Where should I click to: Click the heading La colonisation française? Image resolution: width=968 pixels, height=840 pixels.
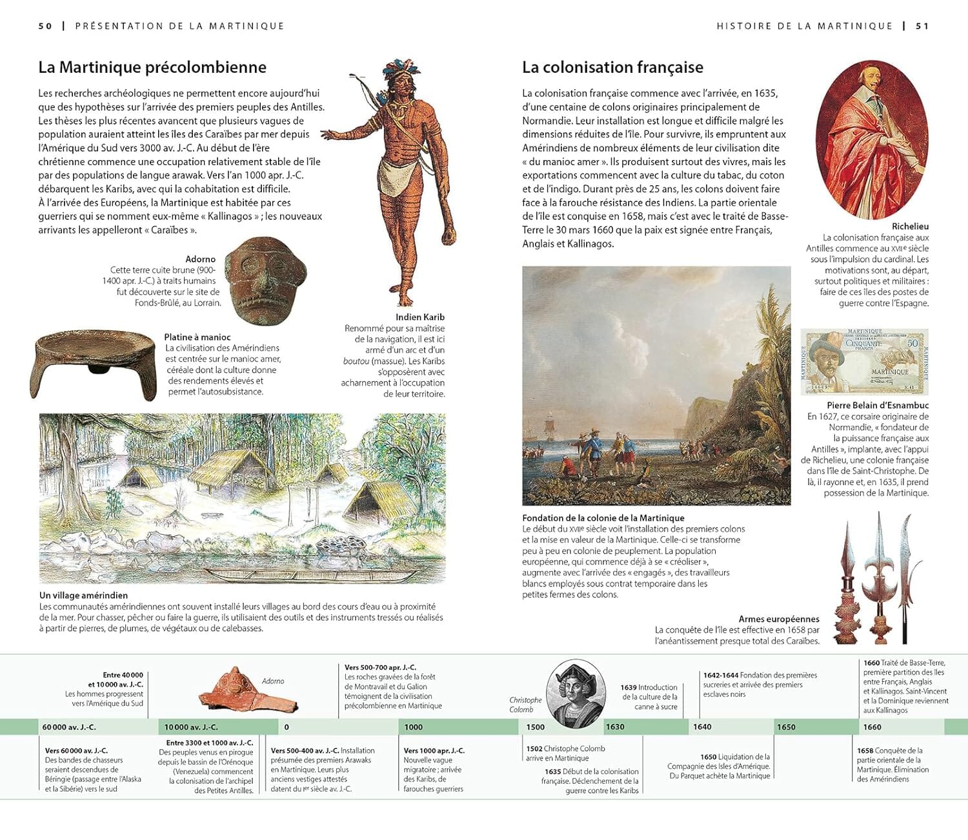pos(612,67)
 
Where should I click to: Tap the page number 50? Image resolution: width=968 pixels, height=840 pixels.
pos(45,26)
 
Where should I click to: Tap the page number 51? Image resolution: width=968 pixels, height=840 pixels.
pos(922,26)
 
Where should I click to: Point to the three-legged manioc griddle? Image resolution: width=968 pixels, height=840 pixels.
pos(94,363)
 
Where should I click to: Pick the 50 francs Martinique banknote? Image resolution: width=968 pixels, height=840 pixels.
pos(864,361)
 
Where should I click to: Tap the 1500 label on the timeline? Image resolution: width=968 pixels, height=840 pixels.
pos(536,727)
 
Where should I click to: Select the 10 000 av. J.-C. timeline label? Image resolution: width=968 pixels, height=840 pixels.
pos(191,727)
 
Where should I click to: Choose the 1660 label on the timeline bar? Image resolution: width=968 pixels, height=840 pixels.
pos(872,727)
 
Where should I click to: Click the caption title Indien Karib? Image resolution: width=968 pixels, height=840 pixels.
pos(420,317)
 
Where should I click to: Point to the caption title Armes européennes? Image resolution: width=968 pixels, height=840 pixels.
pos(779,619)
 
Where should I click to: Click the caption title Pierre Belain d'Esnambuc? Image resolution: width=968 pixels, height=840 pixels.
pos(878,405)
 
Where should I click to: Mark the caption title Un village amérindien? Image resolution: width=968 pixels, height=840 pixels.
pos(83,595)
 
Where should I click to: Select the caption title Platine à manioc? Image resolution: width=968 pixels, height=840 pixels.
pos(197,337)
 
